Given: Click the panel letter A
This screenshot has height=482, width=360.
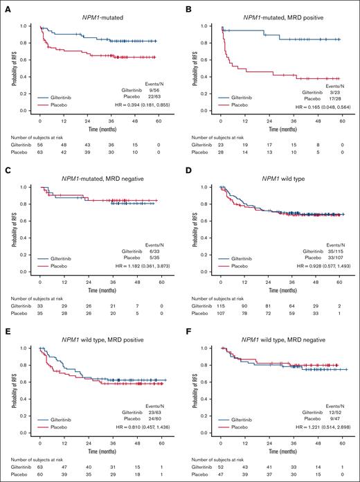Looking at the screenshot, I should coord(5,6).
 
